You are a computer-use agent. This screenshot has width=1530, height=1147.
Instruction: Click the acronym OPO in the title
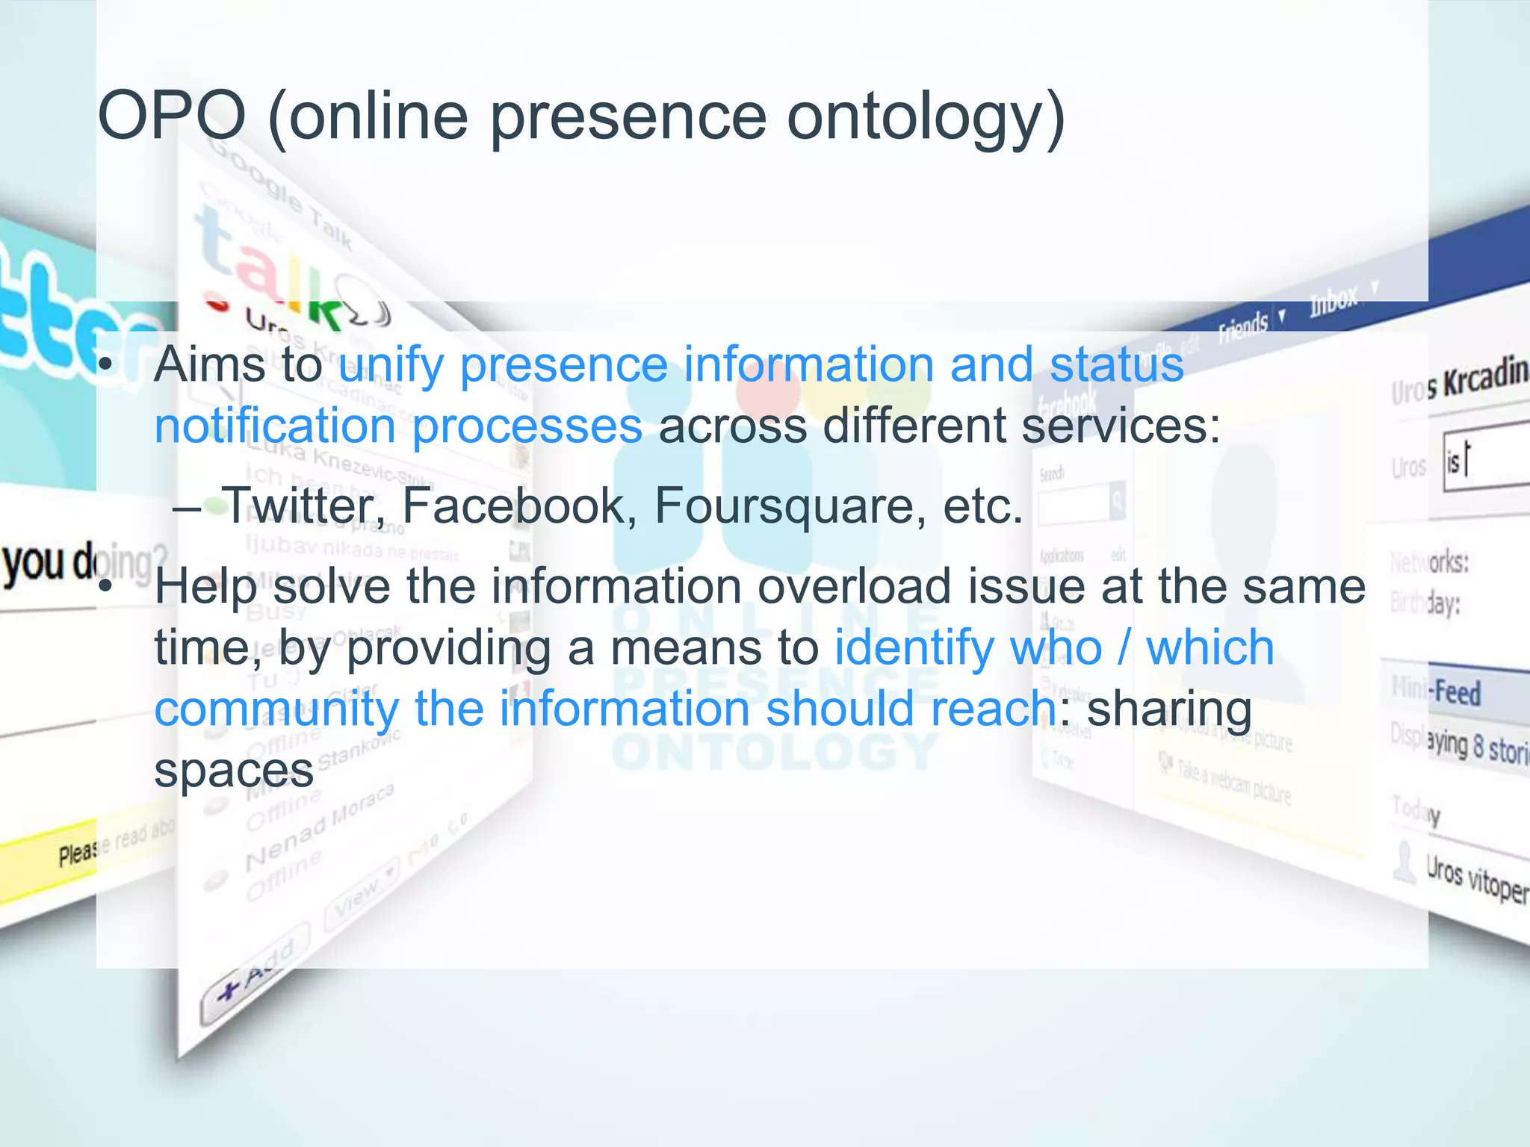pos(172,116)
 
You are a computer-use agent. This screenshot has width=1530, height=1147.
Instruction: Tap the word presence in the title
pos(628,118)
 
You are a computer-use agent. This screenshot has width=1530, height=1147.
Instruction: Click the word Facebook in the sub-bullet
pos(520,506)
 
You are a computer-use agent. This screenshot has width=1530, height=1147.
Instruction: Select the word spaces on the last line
pos(233,771)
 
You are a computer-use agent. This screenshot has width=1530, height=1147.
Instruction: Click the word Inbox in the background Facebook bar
pos(1333,301)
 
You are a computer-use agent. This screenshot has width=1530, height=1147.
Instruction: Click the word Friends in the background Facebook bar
pos(1243,327)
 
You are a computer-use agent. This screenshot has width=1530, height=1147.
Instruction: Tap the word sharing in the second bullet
pos(1168,709)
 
